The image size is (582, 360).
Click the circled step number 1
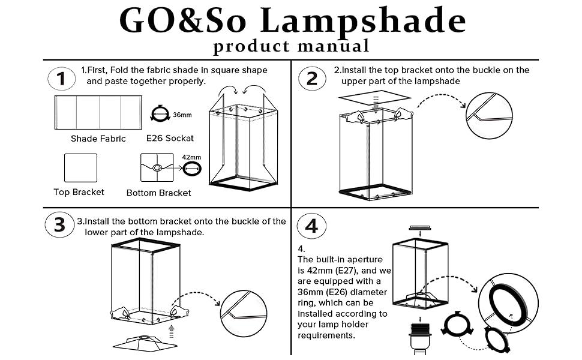[x=61, y=79]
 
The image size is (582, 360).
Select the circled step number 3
[x=59, y=225]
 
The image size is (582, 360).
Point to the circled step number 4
[x=311, y=226]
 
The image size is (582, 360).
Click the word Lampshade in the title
[x=362, y=21]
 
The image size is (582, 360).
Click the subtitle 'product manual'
[x=291, y=46]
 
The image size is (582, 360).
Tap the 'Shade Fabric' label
[x=98, y=139]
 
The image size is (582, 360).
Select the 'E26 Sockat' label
[x=170, y=139]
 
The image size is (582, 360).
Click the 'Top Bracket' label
[x=79, y=192]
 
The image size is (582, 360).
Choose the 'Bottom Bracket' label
[x=159, y=193]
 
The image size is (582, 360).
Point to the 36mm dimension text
[x=182, y=115]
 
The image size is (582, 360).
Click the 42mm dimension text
[x=192, y=157]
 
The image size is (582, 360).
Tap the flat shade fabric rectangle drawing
[x=98, y=112]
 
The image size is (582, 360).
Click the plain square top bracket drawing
[x=80, y=168]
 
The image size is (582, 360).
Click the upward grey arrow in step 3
[x=172, y=329]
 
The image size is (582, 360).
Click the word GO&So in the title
[x=182, y=21]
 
